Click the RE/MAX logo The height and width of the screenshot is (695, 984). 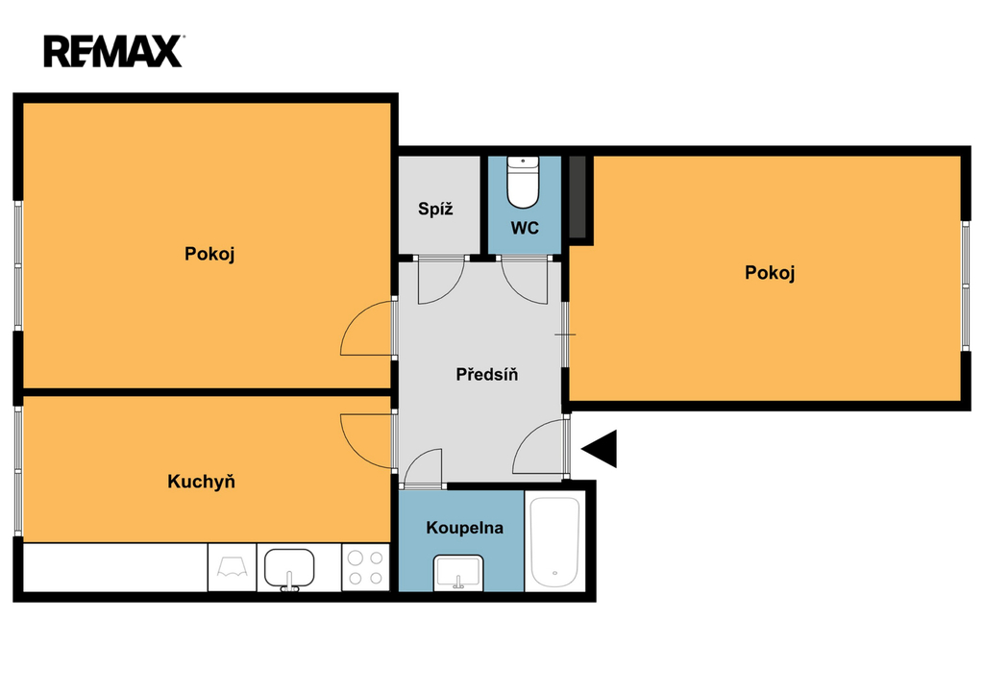113,52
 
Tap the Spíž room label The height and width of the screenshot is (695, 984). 435,209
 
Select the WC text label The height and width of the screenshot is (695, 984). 525,228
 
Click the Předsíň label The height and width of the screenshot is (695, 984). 487,375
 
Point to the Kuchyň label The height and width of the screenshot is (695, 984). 201,482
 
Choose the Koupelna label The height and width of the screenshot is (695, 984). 464,528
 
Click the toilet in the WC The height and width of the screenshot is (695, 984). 523,182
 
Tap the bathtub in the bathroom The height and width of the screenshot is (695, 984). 554,541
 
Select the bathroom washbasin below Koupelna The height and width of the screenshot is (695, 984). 458,573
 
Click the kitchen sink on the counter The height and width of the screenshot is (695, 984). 289,569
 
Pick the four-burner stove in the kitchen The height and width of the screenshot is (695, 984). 365,567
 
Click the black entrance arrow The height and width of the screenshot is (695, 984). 600,449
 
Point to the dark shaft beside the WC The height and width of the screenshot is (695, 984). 578,197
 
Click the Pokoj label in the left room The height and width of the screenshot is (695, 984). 209,255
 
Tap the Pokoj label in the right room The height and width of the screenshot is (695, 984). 770,273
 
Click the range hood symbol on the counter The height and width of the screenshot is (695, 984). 233,567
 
